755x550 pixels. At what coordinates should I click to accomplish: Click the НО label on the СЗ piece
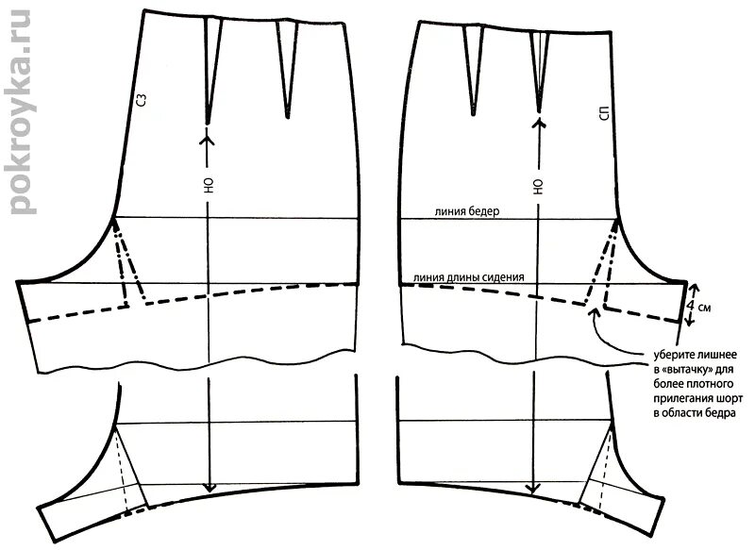click(x=207, y=185)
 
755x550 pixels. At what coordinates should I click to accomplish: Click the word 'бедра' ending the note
click(x=727, y=413)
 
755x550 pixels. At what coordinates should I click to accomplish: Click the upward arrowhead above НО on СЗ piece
click(x=207, y=140)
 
